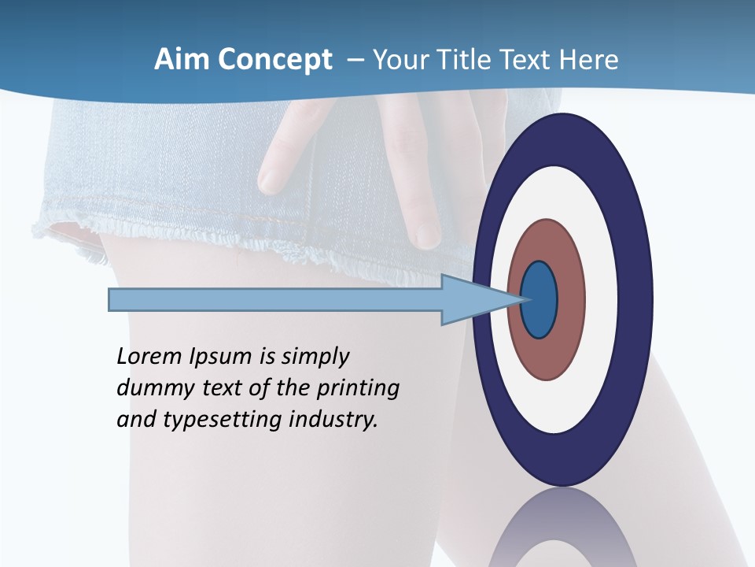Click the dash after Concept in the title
click(355, 61)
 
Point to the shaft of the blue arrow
click(275, 300)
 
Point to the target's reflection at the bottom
click(563, 532)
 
